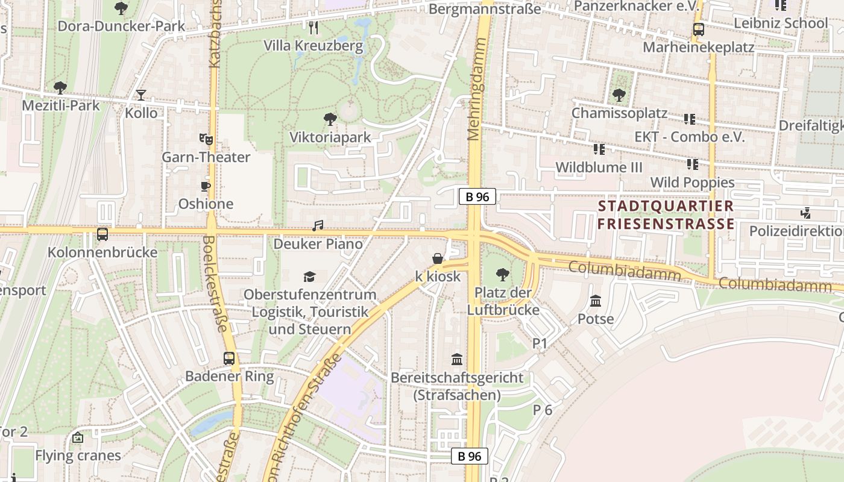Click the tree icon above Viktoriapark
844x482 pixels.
(330, 119)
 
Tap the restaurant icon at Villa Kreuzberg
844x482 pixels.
(313, 28)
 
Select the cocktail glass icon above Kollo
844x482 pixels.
(140, 95)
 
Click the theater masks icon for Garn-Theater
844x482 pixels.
(206, 139)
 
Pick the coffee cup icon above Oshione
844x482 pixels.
(206, 186)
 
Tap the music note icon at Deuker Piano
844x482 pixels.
(318, 226)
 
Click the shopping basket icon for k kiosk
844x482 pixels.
(438, 258)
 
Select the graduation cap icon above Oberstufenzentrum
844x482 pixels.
(309, 277)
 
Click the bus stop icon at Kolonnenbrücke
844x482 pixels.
(102, 234)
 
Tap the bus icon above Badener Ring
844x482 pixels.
(229, 358)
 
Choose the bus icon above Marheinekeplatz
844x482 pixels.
(698, 29)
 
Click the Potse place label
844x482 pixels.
(596, 319)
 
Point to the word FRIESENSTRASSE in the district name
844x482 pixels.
(666, 224)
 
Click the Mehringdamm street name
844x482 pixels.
(477, 89)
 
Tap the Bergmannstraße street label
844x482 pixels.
(485, 9)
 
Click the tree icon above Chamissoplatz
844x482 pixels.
(619, 95)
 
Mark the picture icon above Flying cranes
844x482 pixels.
(77, 437)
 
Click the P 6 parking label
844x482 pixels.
(542, 410)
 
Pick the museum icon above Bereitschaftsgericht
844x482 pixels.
(457, 360)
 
